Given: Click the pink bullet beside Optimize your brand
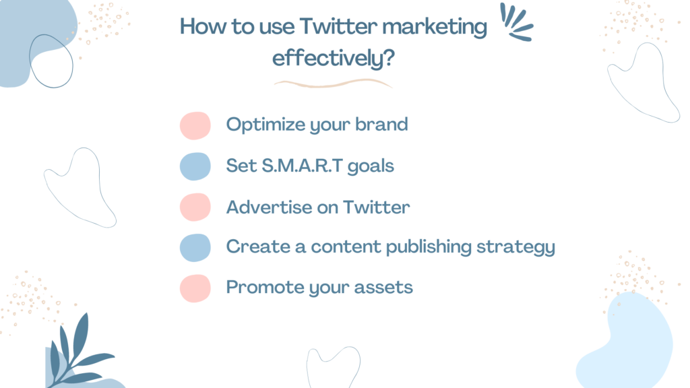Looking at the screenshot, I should point(195,125).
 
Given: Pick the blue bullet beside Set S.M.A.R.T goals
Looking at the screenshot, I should point(195,166).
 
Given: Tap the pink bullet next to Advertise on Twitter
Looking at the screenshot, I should point(195,207).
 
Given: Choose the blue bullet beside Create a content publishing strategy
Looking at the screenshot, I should point(195,247).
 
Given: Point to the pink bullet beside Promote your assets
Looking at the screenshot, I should point(195,288).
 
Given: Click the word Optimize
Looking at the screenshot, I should point(259,125).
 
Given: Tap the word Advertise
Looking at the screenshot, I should point(265,207).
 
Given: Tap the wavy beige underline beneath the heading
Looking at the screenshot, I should point(333,84).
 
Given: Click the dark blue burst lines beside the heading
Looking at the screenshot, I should point(517,23).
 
